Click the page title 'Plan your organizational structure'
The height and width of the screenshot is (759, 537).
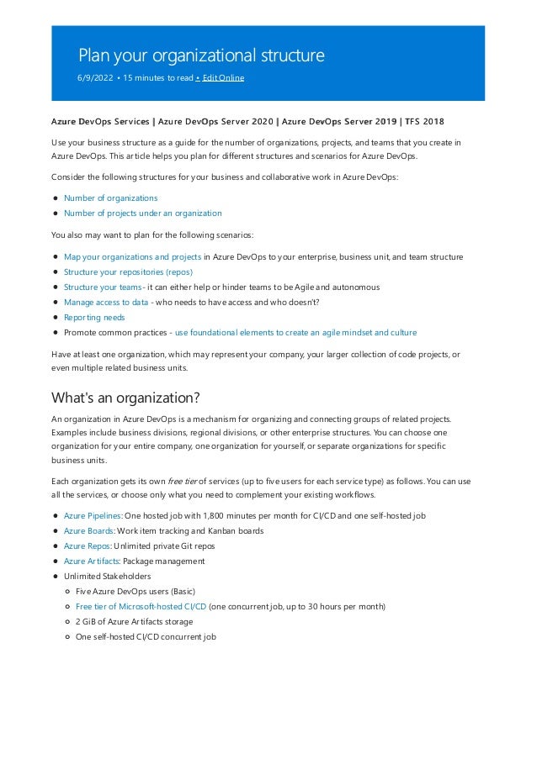point(201,55)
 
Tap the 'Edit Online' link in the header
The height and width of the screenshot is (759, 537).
point(223,78)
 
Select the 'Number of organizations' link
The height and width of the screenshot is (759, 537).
point(110,198)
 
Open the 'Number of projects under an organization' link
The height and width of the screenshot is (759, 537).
point(142,213)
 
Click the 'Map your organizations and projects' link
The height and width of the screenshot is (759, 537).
point(132,256)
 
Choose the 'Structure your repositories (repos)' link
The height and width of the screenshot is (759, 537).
point(128,271)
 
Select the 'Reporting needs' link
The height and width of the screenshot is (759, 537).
point(94,317)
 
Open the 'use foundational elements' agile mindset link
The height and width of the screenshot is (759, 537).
point(295,332)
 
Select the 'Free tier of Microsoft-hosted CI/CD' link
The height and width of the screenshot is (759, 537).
point(141,606)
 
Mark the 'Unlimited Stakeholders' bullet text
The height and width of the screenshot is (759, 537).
point(107,576)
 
